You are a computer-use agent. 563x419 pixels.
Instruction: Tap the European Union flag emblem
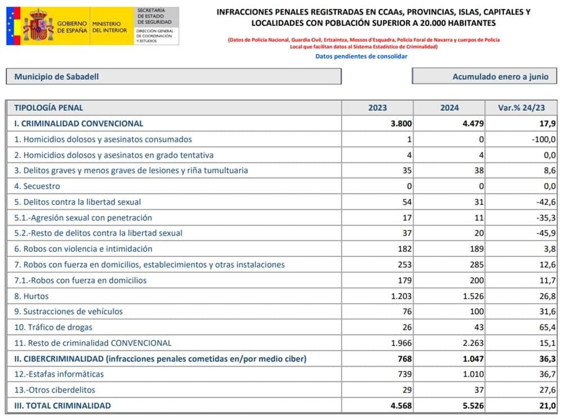tap(14, 26)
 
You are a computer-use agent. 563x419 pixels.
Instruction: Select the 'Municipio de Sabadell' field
tap(173, 76)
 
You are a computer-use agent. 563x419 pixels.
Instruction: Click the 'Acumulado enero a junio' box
tap(485, 76)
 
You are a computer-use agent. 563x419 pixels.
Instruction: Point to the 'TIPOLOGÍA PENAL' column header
tap(48, 108)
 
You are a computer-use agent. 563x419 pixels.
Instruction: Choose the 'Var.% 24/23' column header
tap(521, 108)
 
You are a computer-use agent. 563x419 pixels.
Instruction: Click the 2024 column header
tap(449, 108)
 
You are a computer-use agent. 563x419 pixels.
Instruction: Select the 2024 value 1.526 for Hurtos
tap(472, 296)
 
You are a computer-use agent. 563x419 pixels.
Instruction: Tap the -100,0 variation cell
tap(544, 139)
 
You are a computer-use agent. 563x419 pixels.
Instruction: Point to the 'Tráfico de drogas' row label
tap(53, 327)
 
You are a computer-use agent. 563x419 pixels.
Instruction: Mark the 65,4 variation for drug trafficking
tap(547, 327)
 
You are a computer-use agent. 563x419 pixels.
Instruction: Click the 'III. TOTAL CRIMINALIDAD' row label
tap(62, 406)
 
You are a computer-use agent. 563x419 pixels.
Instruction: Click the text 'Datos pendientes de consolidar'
tap(361, 56)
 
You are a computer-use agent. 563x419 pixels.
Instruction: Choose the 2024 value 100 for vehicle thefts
tap(476, 312)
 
